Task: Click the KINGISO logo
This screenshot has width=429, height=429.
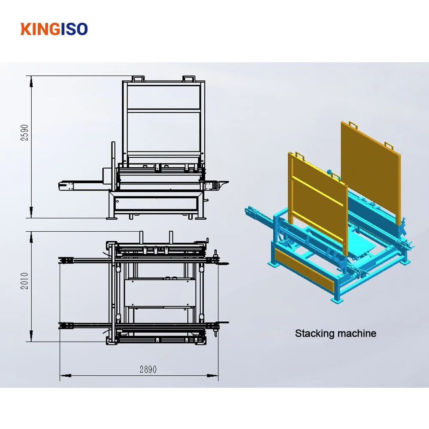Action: (x=54, y=29)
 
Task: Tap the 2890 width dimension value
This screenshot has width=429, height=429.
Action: (x=148, y=369)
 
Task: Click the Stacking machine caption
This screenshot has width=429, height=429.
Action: (x=335, y=333)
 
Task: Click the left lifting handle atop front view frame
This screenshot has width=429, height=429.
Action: (x=138, y=79)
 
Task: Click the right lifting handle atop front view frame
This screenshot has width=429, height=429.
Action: (x=189, y=79)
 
